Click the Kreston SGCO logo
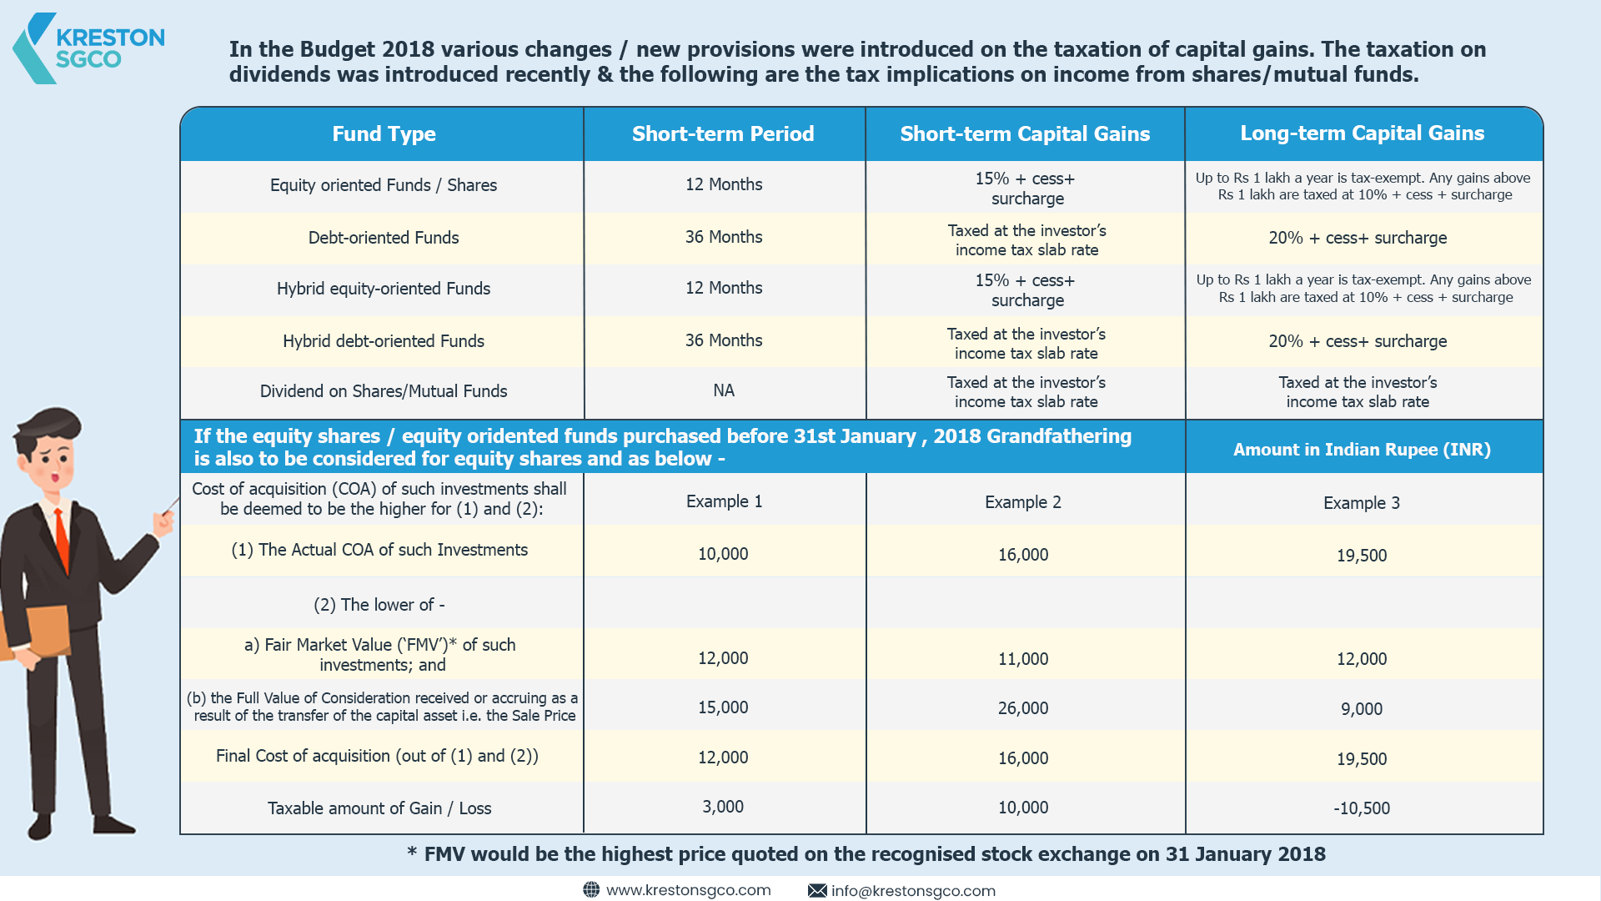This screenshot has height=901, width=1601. [88, 48]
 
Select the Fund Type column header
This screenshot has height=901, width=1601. [384, 133]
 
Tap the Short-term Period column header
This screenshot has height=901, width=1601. [723, 133]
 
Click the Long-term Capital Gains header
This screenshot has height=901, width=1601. [1362, 133]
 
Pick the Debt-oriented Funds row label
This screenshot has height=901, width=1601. [384, 238]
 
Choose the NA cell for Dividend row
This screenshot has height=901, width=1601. [724, 390]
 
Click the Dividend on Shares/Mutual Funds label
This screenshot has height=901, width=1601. [384, 391]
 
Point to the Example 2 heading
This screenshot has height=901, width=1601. [1023, 502]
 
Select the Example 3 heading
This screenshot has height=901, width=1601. [1362, 503]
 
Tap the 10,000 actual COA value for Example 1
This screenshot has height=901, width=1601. [723, 554]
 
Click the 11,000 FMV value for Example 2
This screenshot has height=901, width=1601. [1023, 659]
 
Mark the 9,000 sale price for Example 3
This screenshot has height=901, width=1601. [1362, 709]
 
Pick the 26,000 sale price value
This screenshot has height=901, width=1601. [1023, 708]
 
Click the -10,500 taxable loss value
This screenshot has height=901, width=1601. [1362, 808]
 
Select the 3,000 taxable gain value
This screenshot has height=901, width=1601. [723, 807]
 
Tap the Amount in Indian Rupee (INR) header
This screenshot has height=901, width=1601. [1362, 450]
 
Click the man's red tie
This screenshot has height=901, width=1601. [62, 537]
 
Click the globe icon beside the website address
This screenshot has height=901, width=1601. [591, 890]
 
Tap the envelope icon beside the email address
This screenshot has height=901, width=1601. [817, 891]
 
